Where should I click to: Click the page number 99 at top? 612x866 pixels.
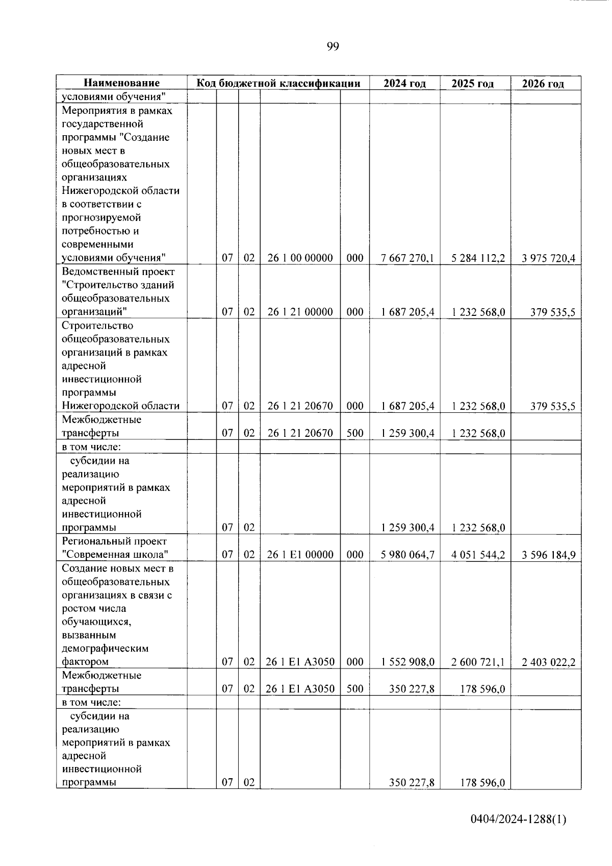click(332, 47)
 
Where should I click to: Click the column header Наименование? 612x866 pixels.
click(121, 83)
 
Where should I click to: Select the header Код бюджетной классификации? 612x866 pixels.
click(278, 83)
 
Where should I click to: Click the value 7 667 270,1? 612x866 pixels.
click(407, 258)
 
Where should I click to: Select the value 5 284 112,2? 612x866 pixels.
click(478, 258)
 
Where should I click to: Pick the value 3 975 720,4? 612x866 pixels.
click(548, 258)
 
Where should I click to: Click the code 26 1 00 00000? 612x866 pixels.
click(300, 258)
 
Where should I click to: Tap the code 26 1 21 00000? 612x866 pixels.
click(300, 312)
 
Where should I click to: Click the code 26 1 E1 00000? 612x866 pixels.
click(300, 555)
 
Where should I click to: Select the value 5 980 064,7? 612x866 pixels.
click(407, 555)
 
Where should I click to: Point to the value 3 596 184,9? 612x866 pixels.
click(548, 555)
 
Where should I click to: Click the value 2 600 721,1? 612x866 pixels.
click(478, 662)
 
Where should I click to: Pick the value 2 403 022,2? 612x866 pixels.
click(548, 662)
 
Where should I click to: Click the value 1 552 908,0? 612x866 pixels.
click(407, 662)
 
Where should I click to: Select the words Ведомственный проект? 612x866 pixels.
click(118, 271)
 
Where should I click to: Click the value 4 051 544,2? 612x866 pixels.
click(478, 555)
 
